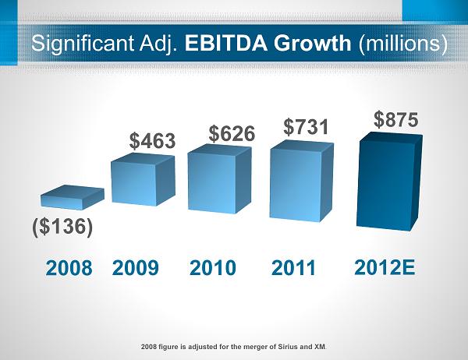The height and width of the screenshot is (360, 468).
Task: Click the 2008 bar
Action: pyautogui.click(x=72, y=197)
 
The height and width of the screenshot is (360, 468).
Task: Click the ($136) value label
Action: pyautogui.click(x=63, y=228)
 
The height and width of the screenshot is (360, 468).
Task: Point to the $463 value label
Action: pyautogui.click(x=152, y=141)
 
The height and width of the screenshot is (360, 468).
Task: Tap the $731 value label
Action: pyautogui.click(x=307, y=126)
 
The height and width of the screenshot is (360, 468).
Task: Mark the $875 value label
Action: pyautogui.click(x=395, y=119)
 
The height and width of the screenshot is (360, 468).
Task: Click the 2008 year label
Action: pyautogui.click(x=69, y=269)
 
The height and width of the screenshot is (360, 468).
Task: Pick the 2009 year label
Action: pyautogui.click(x=136, y=269)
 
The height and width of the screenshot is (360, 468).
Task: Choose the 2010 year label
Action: pyautogui.click(x=213, y=269)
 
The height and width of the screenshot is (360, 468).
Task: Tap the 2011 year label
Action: pyautogui.click(x=294, y=269)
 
